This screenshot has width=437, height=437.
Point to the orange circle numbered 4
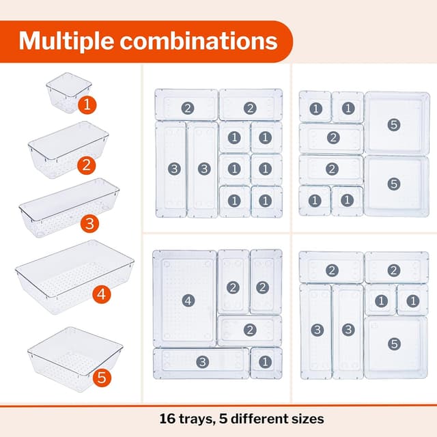101,295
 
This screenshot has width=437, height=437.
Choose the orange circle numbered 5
101,376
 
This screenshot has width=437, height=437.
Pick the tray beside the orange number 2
67,148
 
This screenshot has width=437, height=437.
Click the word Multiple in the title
68,40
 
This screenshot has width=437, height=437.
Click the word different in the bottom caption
259,419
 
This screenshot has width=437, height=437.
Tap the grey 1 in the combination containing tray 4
265,362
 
